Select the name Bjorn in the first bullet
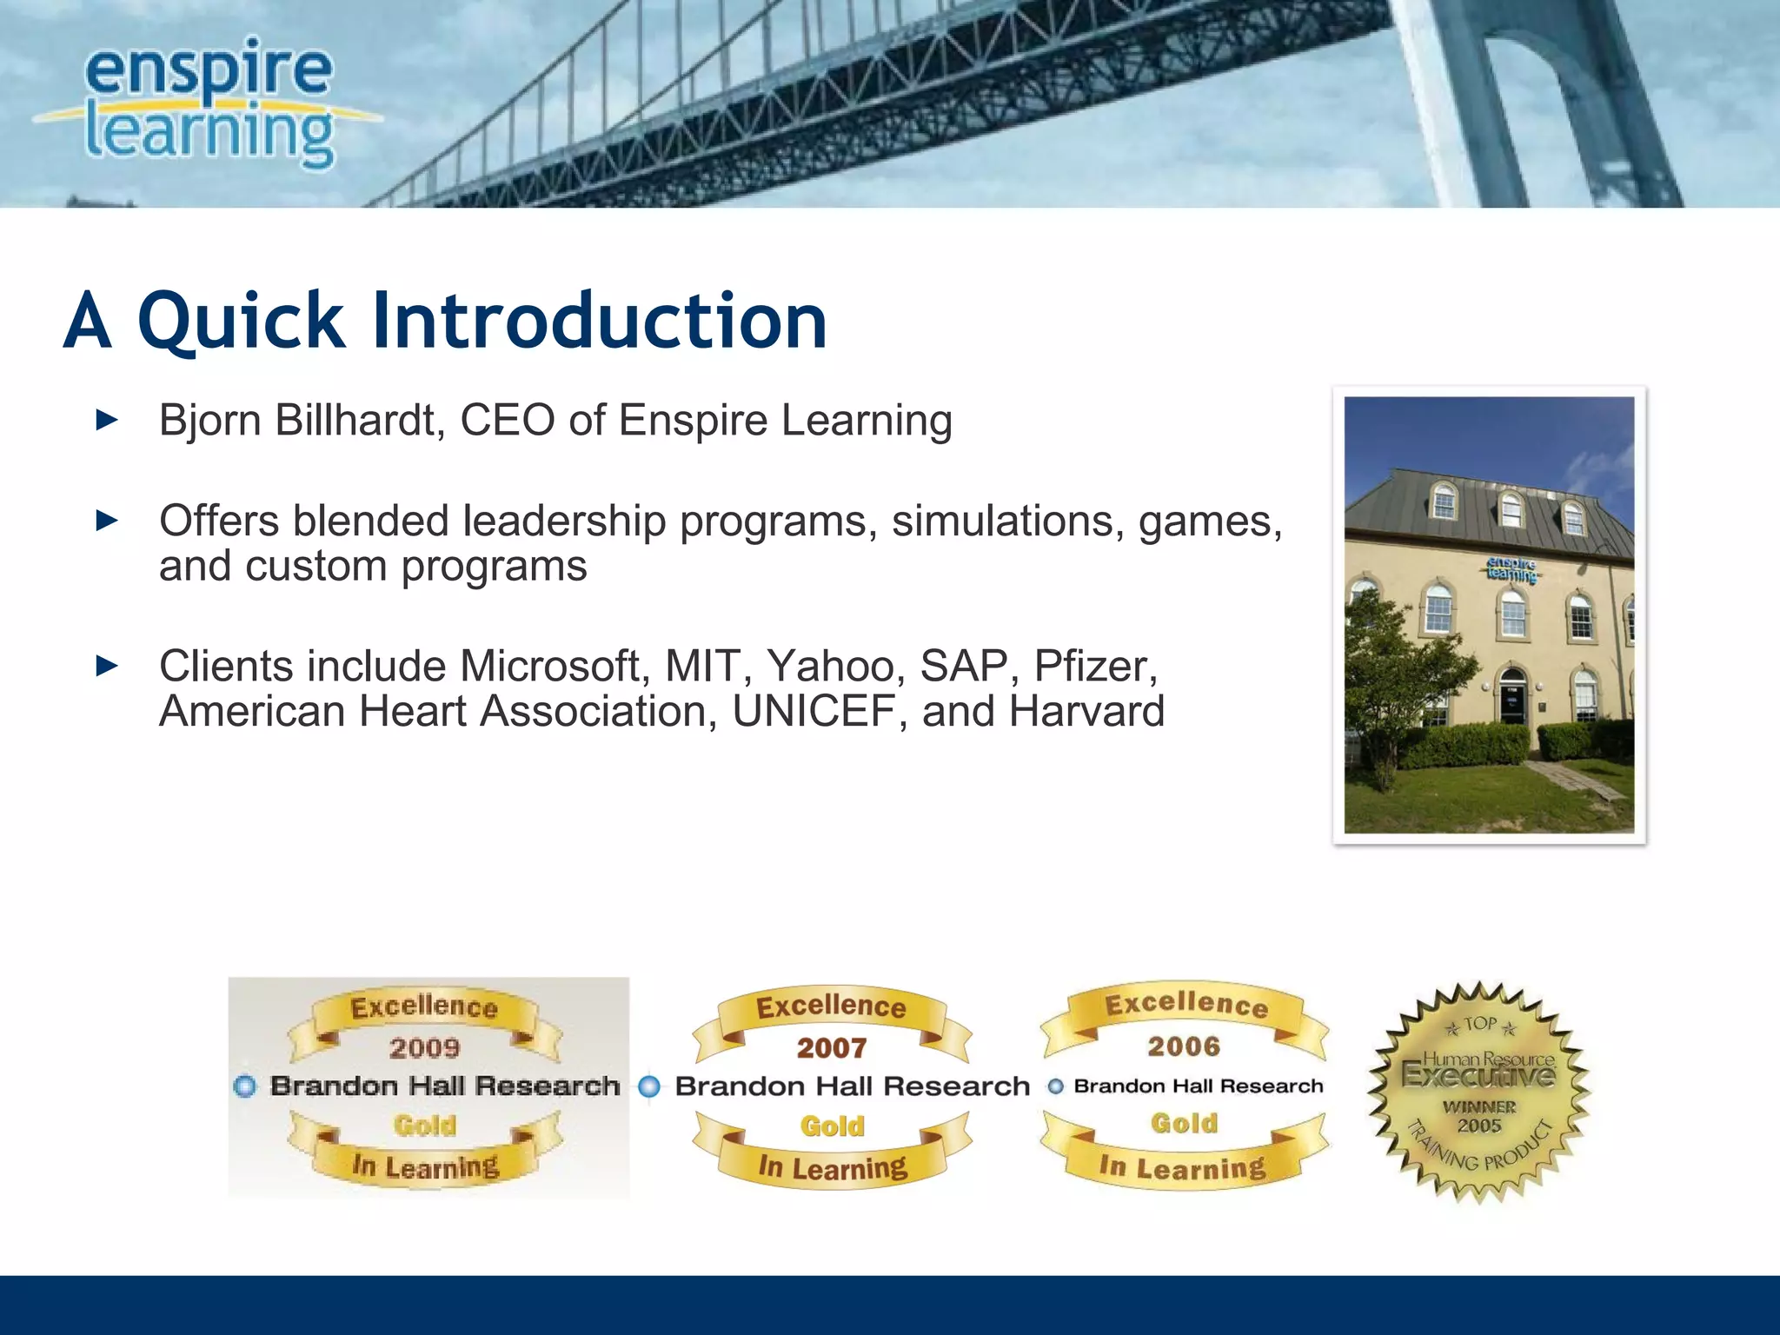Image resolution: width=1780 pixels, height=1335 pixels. coord(209,421)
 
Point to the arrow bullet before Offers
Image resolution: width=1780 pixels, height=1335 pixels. coord(106,521)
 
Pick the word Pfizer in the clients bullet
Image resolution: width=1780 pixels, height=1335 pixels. coord(1094,667)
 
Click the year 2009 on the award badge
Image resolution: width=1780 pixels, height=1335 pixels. coord(424,1048)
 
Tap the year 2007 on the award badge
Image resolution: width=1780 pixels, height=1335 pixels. coord(832,1048)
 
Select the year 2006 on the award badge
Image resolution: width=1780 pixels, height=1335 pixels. coord(1184,1046)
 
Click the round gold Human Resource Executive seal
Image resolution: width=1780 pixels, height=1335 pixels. coord(1478,1092)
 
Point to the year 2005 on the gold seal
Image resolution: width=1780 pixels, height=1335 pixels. coord(1479,1126)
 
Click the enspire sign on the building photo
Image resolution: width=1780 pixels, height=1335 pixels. coord(1511,569)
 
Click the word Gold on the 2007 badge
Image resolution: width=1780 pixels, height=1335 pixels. coord(832,1126)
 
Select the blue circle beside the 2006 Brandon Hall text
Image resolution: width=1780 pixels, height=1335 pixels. coord(1055,1086)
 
